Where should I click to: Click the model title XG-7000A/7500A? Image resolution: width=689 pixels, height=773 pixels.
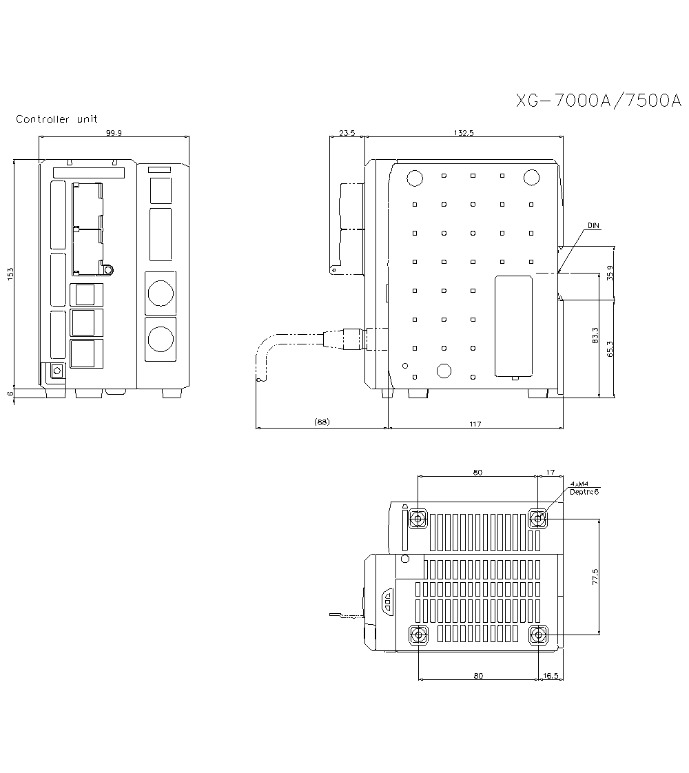[x=599, y=101]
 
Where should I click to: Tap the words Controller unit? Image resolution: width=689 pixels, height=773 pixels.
[x=57, y=119]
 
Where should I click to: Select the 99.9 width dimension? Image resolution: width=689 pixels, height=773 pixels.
[x=114, y=134]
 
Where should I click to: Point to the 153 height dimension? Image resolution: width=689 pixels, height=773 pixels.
[x=10, y=274]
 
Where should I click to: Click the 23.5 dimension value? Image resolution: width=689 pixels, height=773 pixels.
[x=347, y=134]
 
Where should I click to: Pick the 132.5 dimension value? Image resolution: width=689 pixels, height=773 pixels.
[x=464, y=134]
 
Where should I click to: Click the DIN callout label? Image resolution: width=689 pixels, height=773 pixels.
[x=593, y=225]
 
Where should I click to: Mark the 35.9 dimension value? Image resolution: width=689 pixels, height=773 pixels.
[x=609, y=274]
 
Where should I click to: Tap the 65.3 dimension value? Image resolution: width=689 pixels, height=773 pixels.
[x=609, y=349]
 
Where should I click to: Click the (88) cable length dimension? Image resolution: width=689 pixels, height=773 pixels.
[x=321, y=422]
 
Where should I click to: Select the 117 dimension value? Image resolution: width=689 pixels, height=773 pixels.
[x=475, y=424]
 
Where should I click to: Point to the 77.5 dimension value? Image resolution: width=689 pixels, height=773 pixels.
[x=595, y=577]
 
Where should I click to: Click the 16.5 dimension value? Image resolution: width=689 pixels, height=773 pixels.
[x=551, y=676]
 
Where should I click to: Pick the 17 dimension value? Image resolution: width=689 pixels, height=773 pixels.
[x=550, y=472]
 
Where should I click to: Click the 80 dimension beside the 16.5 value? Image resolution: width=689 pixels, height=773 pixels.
[x=478, y=676]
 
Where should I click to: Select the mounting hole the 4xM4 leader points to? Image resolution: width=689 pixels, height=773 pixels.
[x=538, y=518]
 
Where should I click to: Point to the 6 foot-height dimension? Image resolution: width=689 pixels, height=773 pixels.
[x=10, y=393]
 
